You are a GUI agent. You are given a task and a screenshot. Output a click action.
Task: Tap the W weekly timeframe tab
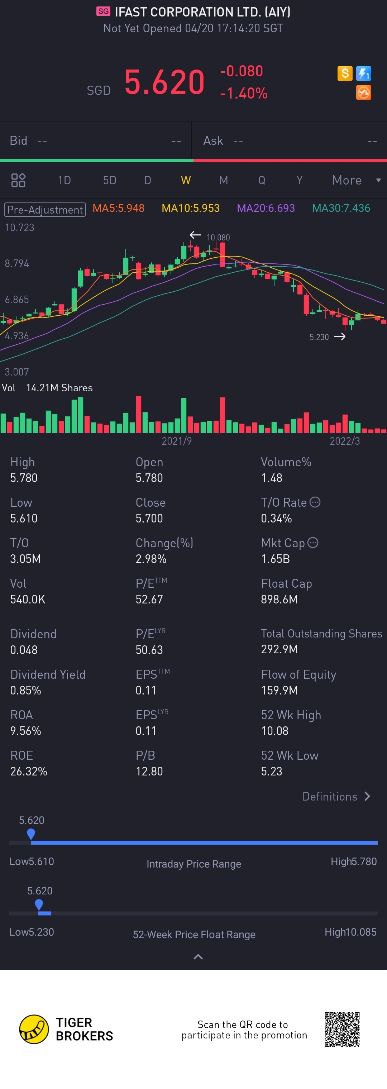[x=186, y=181]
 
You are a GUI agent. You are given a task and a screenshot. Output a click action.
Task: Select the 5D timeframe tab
[x=110, y=181]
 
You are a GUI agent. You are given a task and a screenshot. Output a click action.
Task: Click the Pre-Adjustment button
[x=45, y=210]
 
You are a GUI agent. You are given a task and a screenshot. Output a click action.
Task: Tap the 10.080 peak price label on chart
[x=218, y=238]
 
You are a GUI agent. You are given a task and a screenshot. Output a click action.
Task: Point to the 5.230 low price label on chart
[x=319, y=337]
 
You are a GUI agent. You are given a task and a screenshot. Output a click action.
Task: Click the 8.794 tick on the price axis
[x=17, y=264]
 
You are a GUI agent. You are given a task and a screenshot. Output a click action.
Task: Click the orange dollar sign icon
[x=345, y=73]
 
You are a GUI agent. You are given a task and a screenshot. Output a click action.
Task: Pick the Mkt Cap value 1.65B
[x=275, y=559]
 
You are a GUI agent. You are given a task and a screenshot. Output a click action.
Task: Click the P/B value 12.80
[x=149, y=772]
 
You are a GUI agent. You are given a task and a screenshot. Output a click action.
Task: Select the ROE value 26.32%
[x=29, y=772]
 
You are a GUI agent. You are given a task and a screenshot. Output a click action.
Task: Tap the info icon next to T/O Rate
[x=315, y=502]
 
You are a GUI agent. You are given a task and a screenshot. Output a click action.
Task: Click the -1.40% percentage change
[x=244, y=94]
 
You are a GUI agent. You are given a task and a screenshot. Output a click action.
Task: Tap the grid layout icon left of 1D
[x=18, y=181]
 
